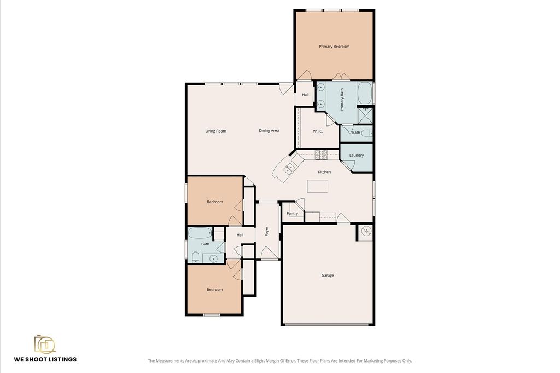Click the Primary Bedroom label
tap(334, 47)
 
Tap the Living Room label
tap(215, 131)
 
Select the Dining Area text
tap(269, 130)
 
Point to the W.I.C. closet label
tap(318, 131)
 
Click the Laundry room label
tap(356, 155)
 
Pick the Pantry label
tap(292, 213)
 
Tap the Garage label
tap(328, 275)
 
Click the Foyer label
tap(266, 231)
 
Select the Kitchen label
tap(324, 172)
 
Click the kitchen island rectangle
tap(318, 186)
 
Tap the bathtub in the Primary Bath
tap(365, 93)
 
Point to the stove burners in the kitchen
tap(321, 155)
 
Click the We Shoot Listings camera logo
tap(45, 345)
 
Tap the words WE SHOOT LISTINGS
tap(45, 359)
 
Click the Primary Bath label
tap(342, 100)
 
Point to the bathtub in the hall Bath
tap(200, 233)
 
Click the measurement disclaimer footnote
tap(280, 361)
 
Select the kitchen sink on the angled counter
tap(289, 168)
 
